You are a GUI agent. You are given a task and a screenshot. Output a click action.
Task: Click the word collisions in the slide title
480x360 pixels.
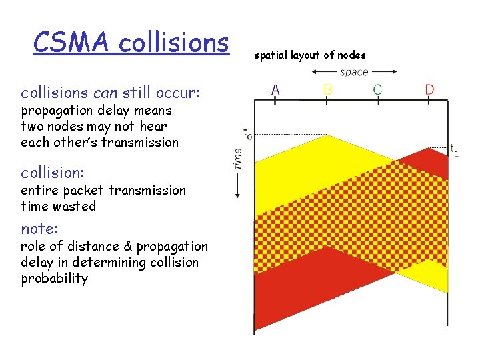[x=173, y=43]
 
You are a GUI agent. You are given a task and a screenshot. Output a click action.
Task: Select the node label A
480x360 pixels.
[x=275, y=88]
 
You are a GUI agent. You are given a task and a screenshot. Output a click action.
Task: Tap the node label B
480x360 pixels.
[x=327, y=88]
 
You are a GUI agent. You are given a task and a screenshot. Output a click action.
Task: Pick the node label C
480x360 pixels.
[x=377, y=88]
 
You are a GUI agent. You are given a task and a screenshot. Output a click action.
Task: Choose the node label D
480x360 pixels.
[x=430, y=88]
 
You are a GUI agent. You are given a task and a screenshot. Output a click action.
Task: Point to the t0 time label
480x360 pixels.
[x=247, y=133]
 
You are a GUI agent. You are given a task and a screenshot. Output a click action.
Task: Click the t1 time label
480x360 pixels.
[x=453, y=150]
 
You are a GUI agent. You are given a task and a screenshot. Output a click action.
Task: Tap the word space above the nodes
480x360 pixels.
[x=354, y=72]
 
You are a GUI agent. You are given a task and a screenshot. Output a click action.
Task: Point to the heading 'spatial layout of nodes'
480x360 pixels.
[x=309, y=55]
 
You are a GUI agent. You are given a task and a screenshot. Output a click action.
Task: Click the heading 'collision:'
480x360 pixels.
[x=53, y=173]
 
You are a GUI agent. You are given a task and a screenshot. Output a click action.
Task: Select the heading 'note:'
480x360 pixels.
[x=39, y=229]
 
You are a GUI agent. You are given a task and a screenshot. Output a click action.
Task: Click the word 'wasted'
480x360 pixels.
[x=75, y=207]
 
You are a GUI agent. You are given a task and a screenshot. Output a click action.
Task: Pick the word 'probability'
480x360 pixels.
[x=54, y=279]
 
